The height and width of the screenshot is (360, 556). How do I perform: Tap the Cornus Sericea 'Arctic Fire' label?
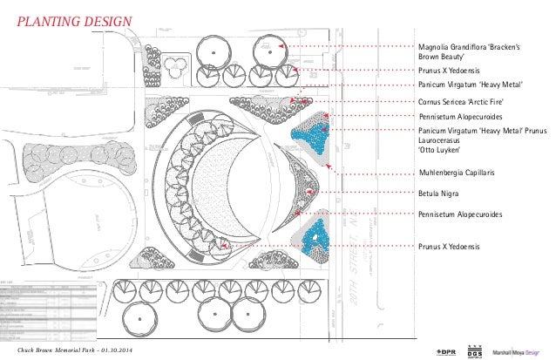[462, 102]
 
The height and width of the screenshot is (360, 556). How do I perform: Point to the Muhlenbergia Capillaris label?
[457, 173]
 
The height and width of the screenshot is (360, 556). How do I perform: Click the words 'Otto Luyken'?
[441, 153]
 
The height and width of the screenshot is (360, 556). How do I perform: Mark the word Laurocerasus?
[444, 141]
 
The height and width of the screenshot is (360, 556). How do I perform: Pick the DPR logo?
[445, 350]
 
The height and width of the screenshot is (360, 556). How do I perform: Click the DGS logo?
[476, 350]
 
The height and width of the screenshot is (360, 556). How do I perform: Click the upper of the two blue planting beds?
[311, 133]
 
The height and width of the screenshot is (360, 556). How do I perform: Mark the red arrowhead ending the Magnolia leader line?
[281, 44]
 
